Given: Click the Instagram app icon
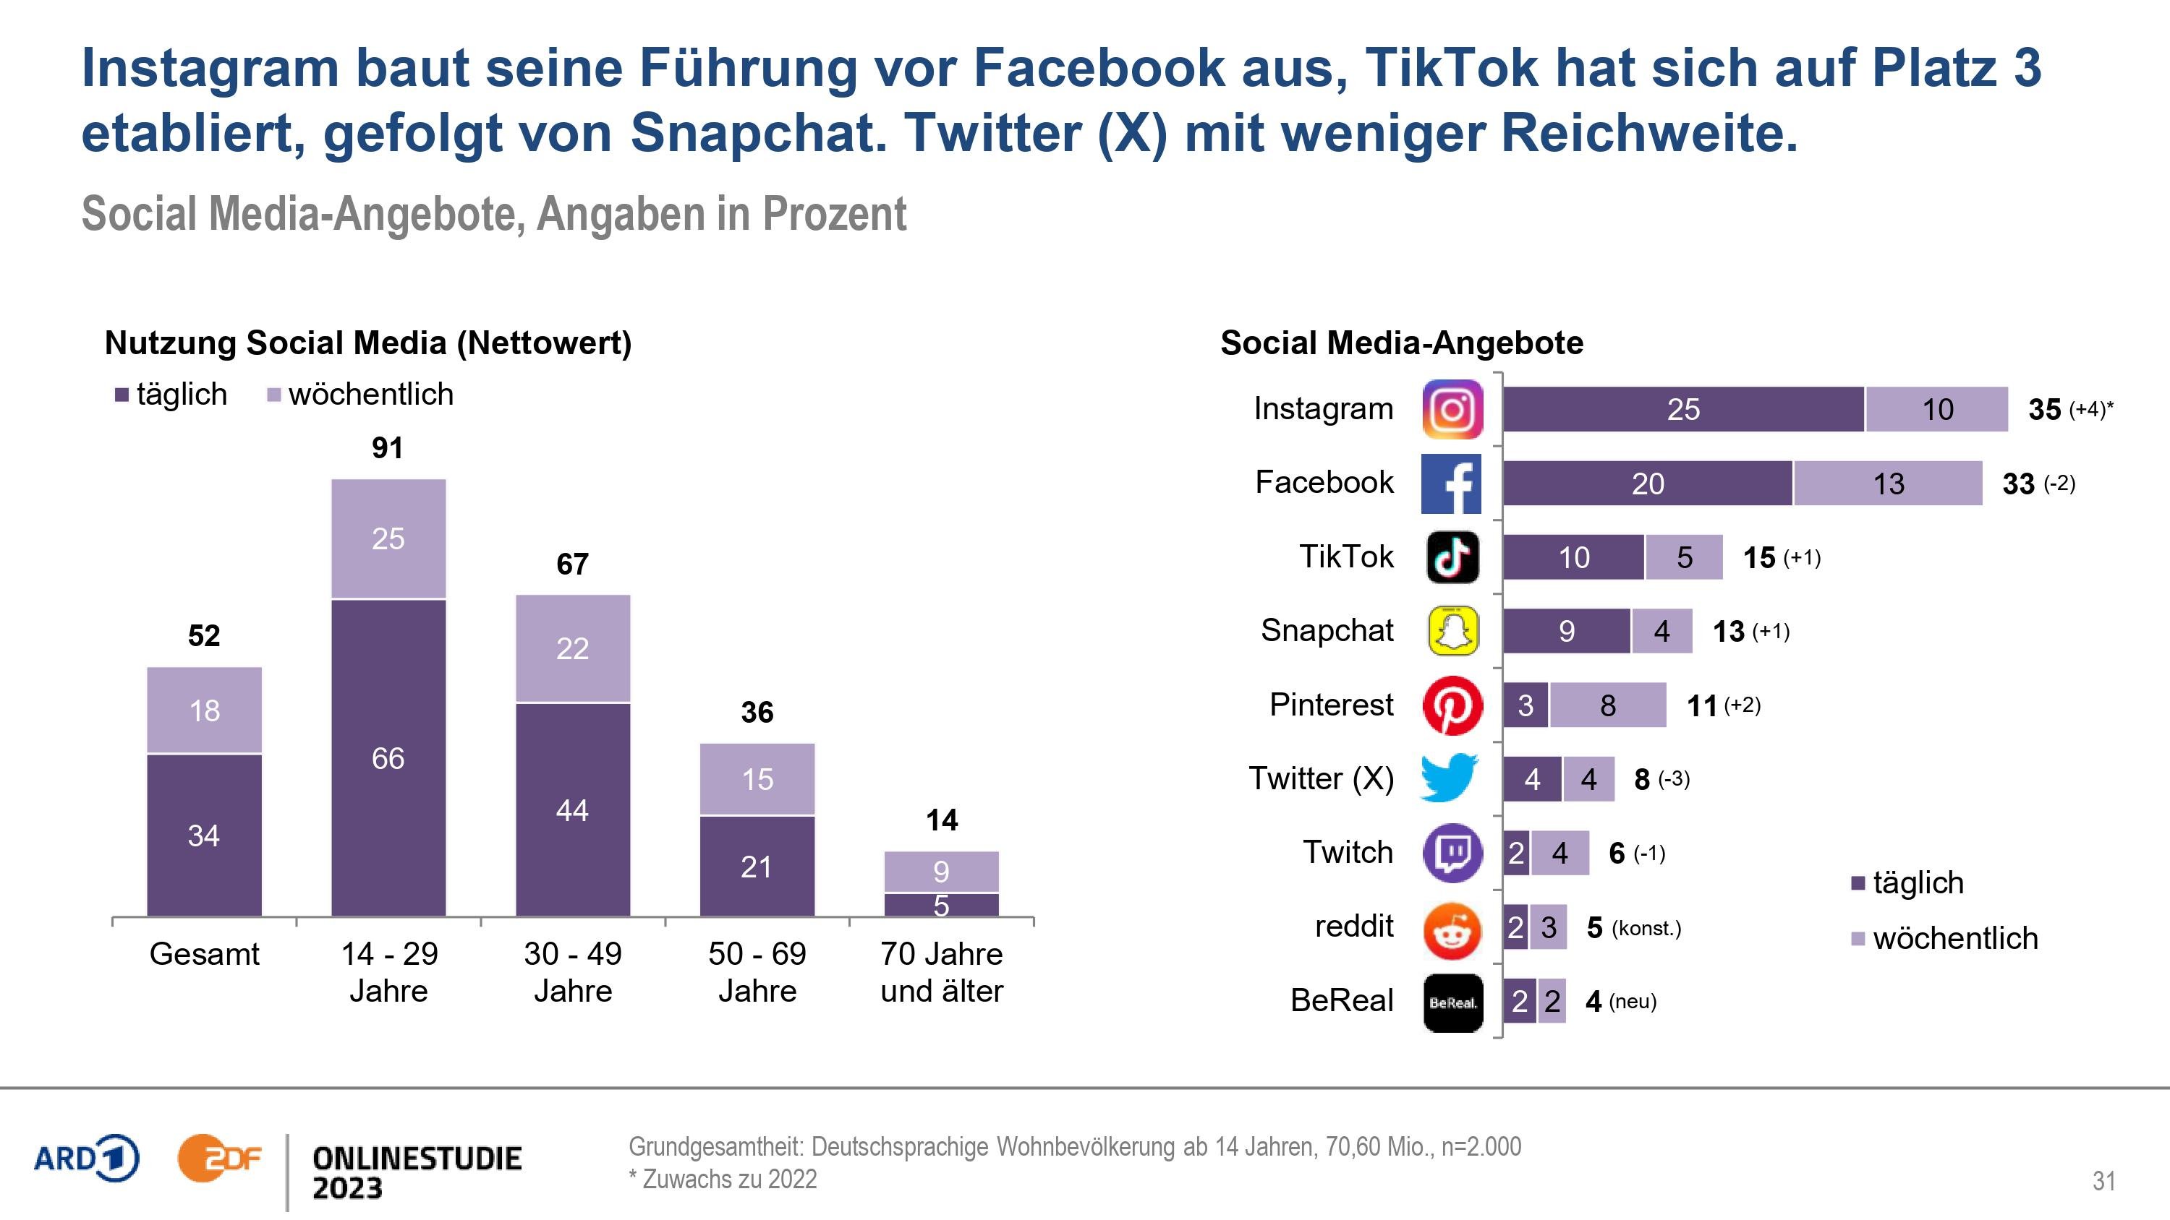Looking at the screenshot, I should click(1452, 409).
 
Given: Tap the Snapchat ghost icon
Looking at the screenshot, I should click(1452, 631).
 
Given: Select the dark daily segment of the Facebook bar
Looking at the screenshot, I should click(1647, 484).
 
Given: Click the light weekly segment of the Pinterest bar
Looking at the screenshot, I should click(1607, 705).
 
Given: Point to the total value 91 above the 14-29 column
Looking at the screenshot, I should click(388, 448).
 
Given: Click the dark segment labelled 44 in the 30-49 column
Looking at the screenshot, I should click(573, 809).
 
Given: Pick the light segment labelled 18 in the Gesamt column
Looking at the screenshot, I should click(204, 710).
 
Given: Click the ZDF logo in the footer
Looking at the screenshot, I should click(219, 1159).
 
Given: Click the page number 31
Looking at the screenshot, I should click(2103, 1180).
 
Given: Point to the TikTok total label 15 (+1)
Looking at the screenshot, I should click(1781, 557).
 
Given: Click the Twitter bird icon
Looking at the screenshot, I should click(1449, 777).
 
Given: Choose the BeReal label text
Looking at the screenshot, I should click(1341, 1000).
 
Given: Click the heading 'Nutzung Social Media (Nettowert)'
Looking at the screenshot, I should click(368, 343).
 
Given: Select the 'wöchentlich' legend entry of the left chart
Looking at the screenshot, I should click(360, 394).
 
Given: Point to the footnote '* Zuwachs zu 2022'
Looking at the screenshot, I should click(723, 1180).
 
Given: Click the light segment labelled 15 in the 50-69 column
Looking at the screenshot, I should click(757, 779).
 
